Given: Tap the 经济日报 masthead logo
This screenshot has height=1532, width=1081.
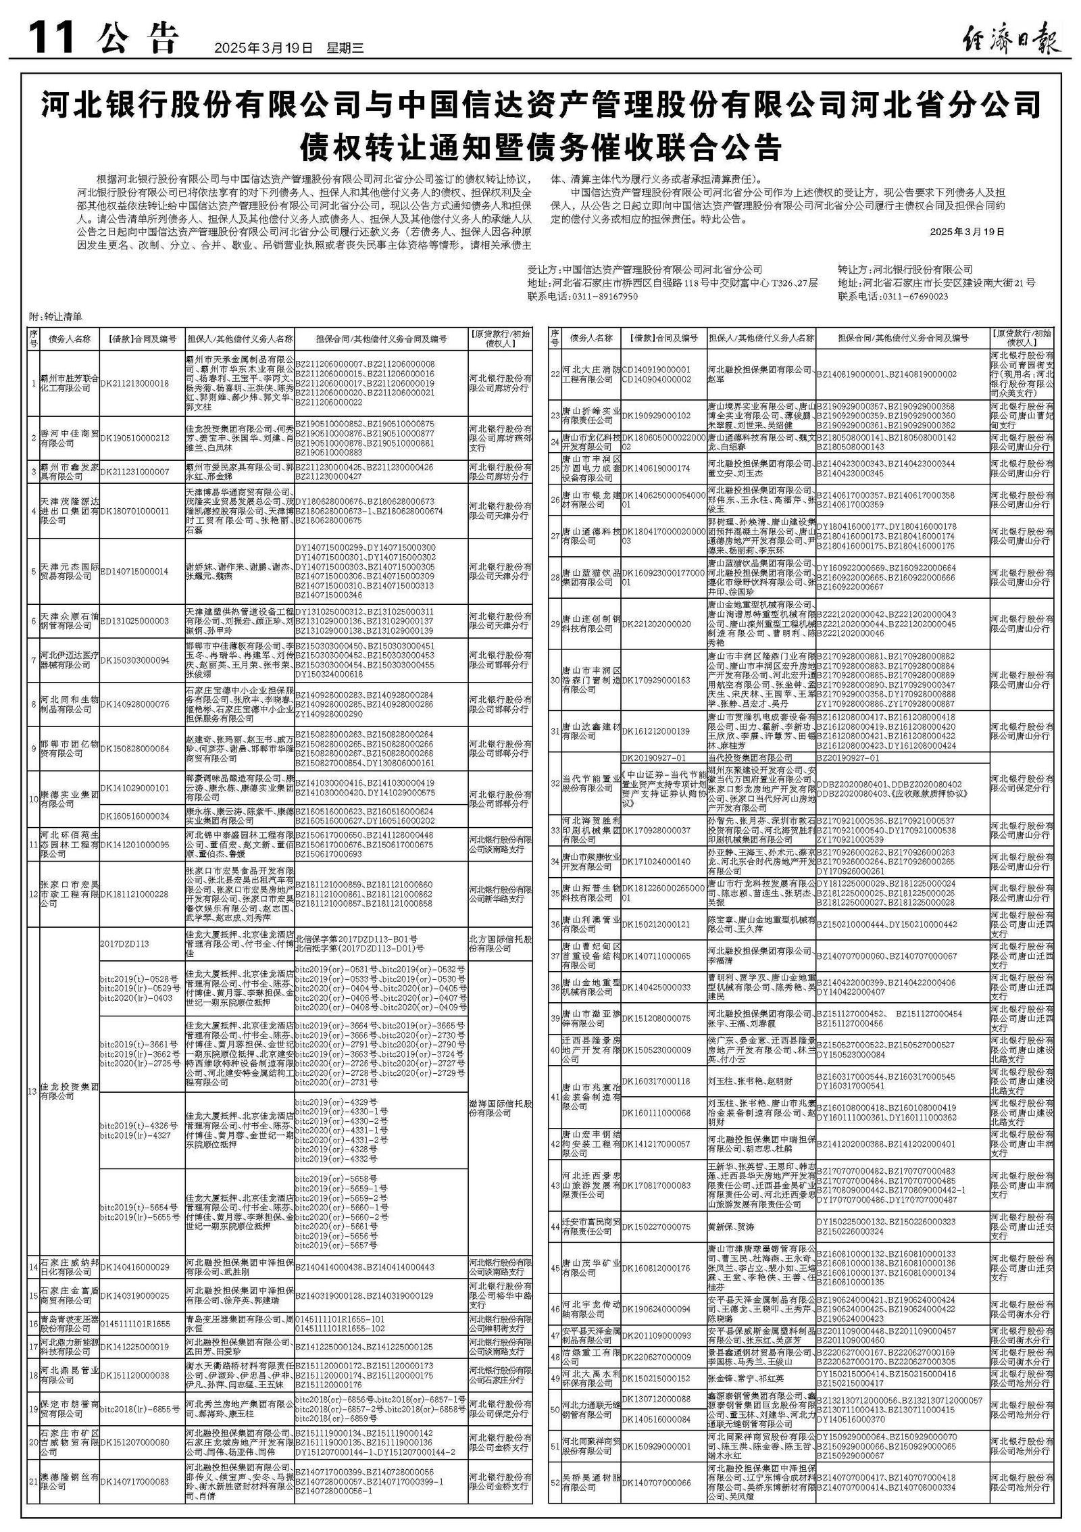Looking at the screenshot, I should [x=1011, y=42].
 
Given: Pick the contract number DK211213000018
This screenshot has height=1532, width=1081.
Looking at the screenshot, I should [x=134, y=383].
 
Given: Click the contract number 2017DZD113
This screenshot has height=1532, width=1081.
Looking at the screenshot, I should [x=124, y=944].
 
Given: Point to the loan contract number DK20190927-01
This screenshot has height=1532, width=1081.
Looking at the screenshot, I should [x=653, y=758].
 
